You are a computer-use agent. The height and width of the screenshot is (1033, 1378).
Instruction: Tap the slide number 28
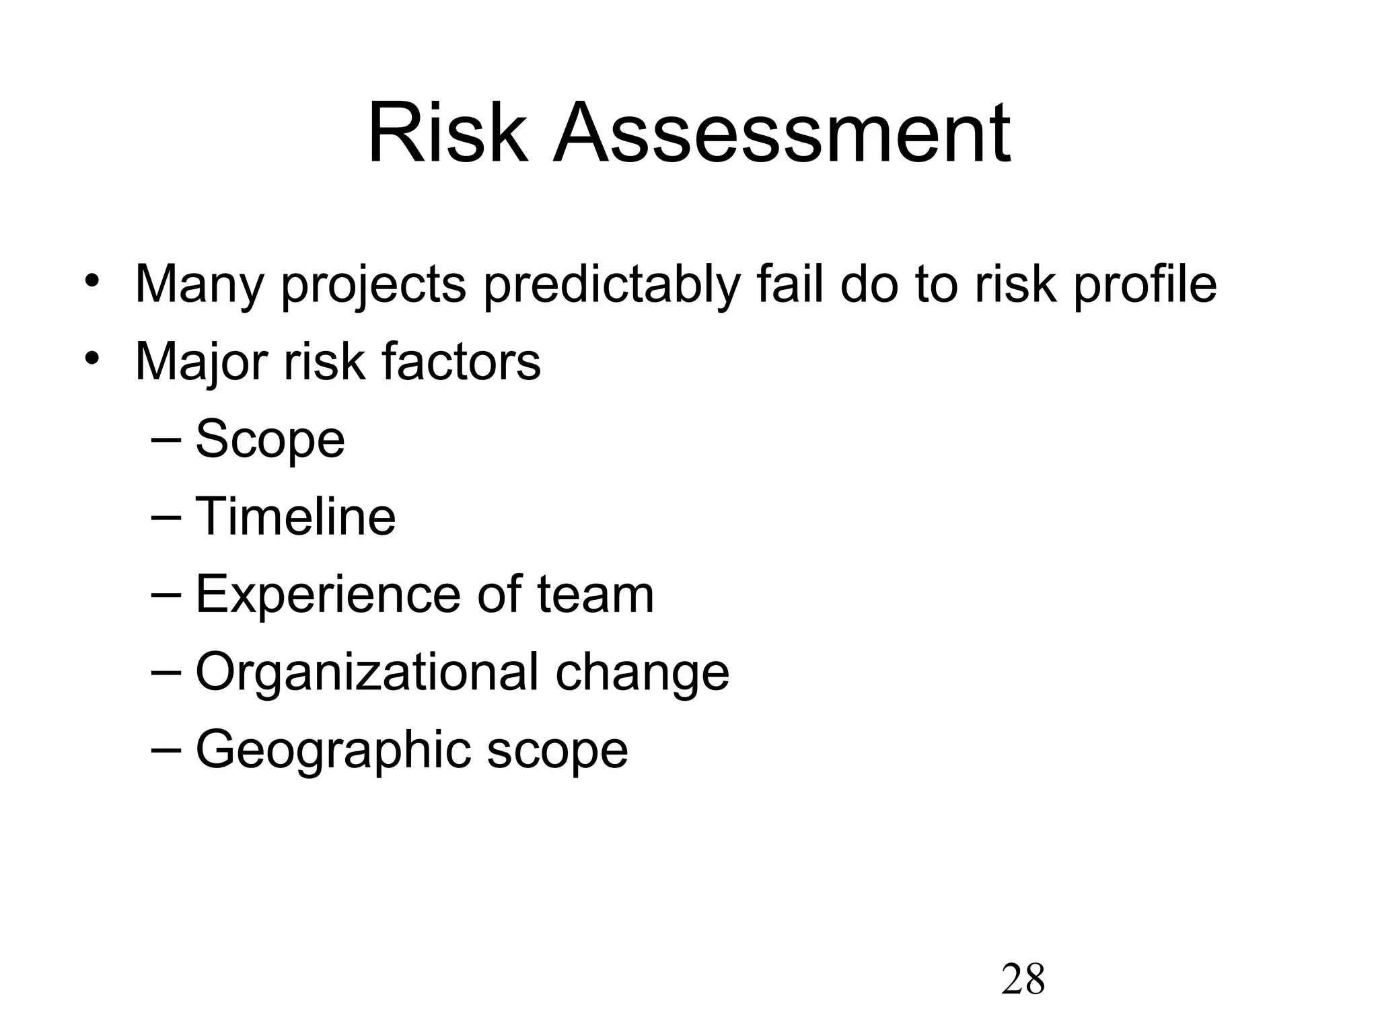point(1023,979)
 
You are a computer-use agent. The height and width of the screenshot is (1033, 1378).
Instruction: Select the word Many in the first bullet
point(199,284)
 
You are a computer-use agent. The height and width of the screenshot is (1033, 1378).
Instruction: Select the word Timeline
point(295,516)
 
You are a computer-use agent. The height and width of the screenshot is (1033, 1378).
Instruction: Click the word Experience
point(328,595)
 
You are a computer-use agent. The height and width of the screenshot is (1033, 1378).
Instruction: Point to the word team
point(595,595)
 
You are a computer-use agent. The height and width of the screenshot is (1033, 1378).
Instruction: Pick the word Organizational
point(367,673)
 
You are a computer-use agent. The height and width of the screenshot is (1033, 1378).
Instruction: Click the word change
point(642,673)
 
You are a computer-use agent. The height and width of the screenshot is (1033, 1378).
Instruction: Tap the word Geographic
point(333,751)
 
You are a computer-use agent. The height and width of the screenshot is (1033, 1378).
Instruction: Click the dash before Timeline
point(166,517)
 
